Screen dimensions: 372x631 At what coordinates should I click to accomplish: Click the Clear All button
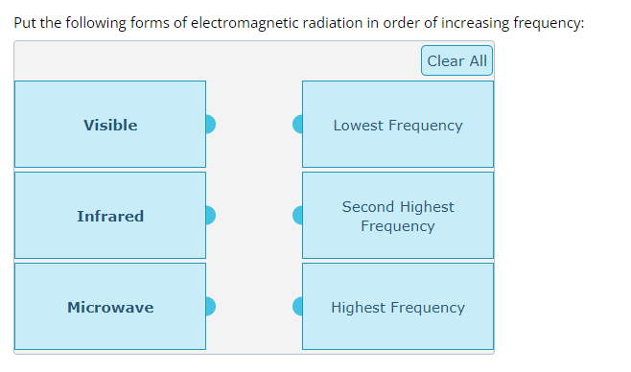point(456,60)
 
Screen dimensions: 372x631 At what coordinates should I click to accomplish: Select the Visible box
point(110,125)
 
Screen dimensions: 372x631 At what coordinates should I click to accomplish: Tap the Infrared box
point(110,216)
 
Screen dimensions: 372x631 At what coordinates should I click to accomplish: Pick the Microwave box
point(110,307)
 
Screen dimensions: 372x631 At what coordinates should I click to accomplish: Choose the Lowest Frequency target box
point(398,125)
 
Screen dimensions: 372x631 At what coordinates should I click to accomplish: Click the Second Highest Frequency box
point(398,216)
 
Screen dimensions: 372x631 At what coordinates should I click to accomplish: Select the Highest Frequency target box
point(398,307)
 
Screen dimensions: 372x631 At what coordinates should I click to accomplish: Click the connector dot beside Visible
point(210,125)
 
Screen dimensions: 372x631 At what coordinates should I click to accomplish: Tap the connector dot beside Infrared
point(210,216)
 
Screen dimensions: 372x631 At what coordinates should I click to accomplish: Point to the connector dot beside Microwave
point(210,307)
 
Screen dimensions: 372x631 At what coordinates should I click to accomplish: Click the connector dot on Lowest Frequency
point(298,125)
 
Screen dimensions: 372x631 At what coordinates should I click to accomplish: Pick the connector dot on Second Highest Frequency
point(298,216)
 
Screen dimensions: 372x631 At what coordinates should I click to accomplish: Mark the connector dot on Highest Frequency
point(298,307)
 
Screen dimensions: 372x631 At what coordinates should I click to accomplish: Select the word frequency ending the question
point(548,23)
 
